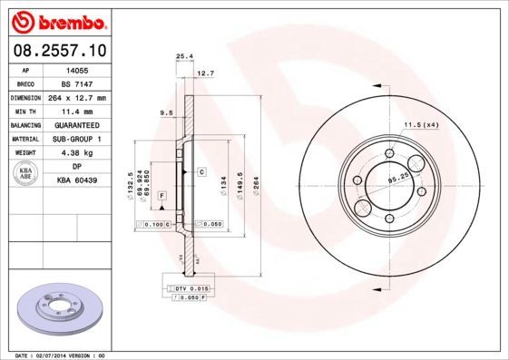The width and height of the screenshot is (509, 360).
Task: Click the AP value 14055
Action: point(76,69)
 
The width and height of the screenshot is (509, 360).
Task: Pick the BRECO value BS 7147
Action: point(76,83)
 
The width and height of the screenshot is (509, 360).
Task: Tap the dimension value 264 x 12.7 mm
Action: point(76,97)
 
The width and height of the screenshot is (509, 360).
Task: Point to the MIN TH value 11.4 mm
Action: point(76,111)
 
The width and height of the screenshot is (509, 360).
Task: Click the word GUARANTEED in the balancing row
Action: point(76,125)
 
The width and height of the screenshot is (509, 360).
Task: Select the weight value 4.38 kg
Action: point(76,153)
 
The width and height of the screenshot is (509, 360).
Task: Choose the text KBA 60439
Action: point(76,181)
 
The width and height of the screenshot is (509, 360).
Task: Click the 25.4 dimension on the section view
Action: point(182,56)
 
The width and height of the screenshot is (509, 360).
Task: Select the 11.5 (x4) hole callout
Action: point(420,123)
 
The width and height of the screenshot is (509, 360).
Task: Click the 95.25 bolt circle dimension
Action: point(396,180)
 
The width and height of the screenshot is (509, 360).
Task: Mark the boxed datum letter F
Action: point(162,196)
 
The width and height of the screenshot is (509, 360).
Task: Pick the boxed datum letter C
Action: point(201,171)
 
